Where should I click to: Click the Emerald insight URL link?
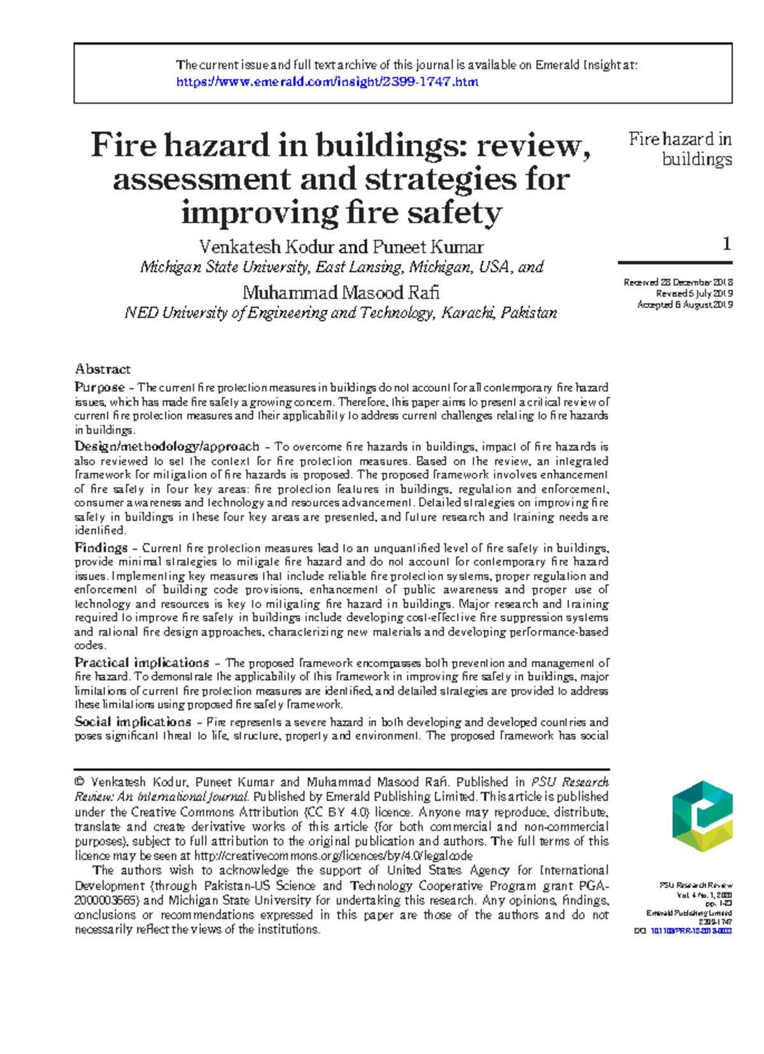click(327, 82)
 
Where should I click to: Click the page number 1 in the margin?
click(726, 244)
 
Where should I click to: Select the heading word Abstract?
click(103, 369)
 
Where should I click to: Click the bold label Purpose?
click(99, 387)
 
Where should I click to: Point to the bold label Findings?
click(101, 548)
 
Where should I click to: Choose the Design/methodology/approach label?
click(167, 446)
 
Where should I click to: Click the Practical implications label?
click(141, 662)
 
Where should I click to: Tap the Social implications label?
click(132, 722)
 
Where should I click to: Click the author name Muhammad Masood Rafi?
click(341, 293)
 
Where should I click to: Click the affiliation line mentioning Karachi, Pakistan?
click(341, 313)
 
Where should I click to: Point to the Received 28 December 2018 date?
click(678, 282)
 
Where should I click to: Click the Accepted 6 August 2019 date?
click(684, 305)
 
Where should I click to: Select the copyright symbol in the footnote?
click(80, 782)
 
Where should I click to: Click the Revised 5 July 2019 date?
click(694, 294)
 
